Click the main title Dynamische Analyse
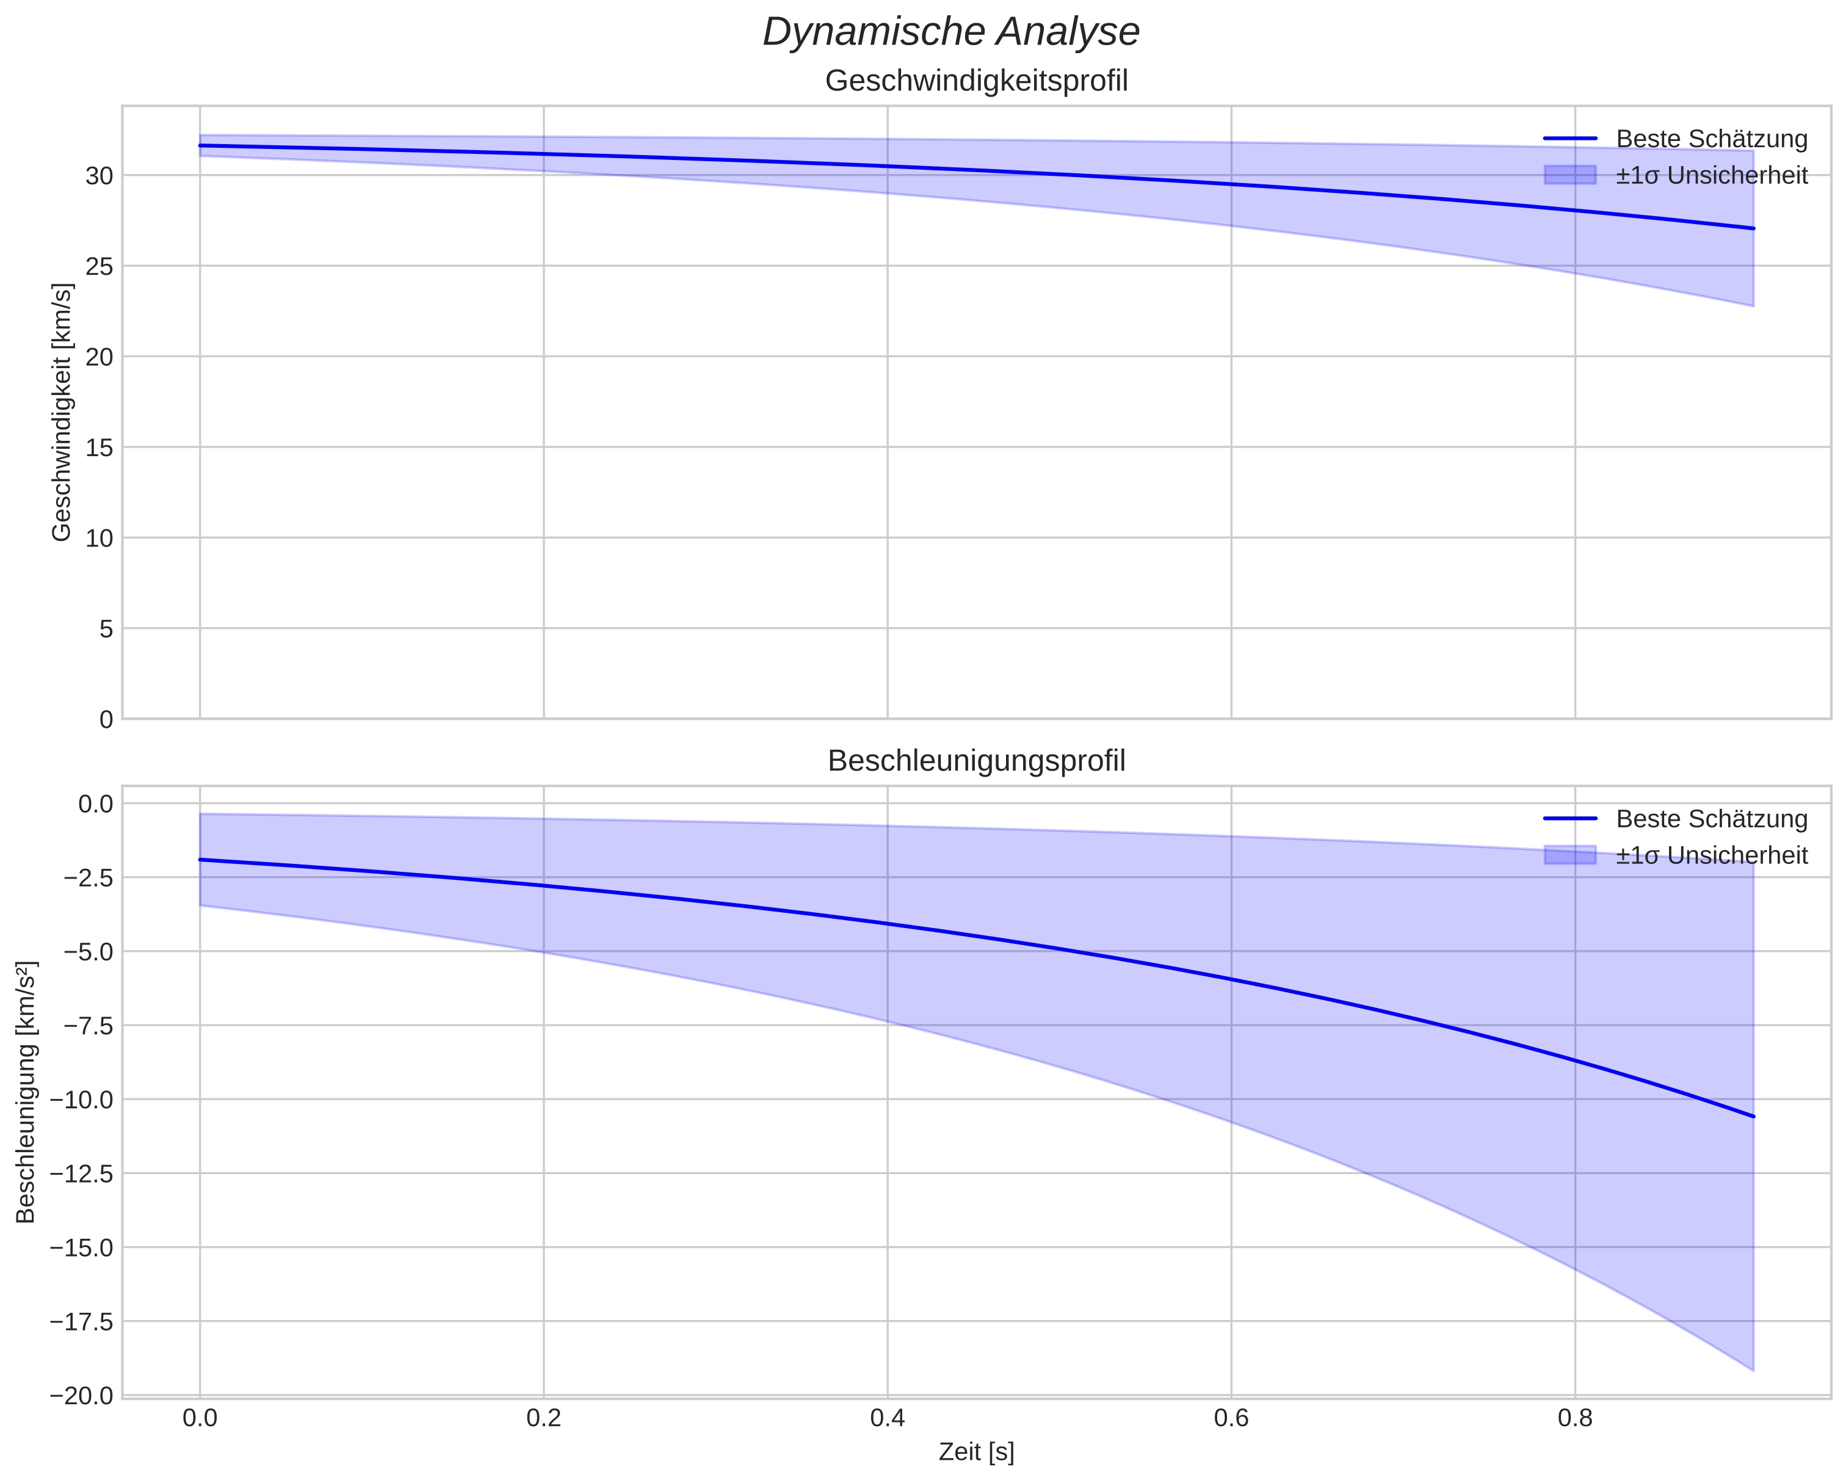coord(950,32)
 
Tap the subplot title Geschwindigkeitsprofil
coord(976,81)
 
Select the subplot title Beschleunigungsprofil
coord(976,761)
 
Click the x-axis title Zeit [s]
coord(976,1453)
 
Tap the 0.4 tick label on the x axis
coord(887,1419)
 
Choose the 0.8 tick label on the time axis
coord(1574,1419)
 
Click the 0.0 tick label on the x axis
coord(200,1419)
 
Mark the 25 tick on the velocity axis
coord(100,266)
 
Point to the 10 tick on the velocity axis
coord(100,538)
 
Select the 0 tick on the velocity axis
coord(106,719)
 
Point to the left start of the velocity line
coord(200,145)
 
